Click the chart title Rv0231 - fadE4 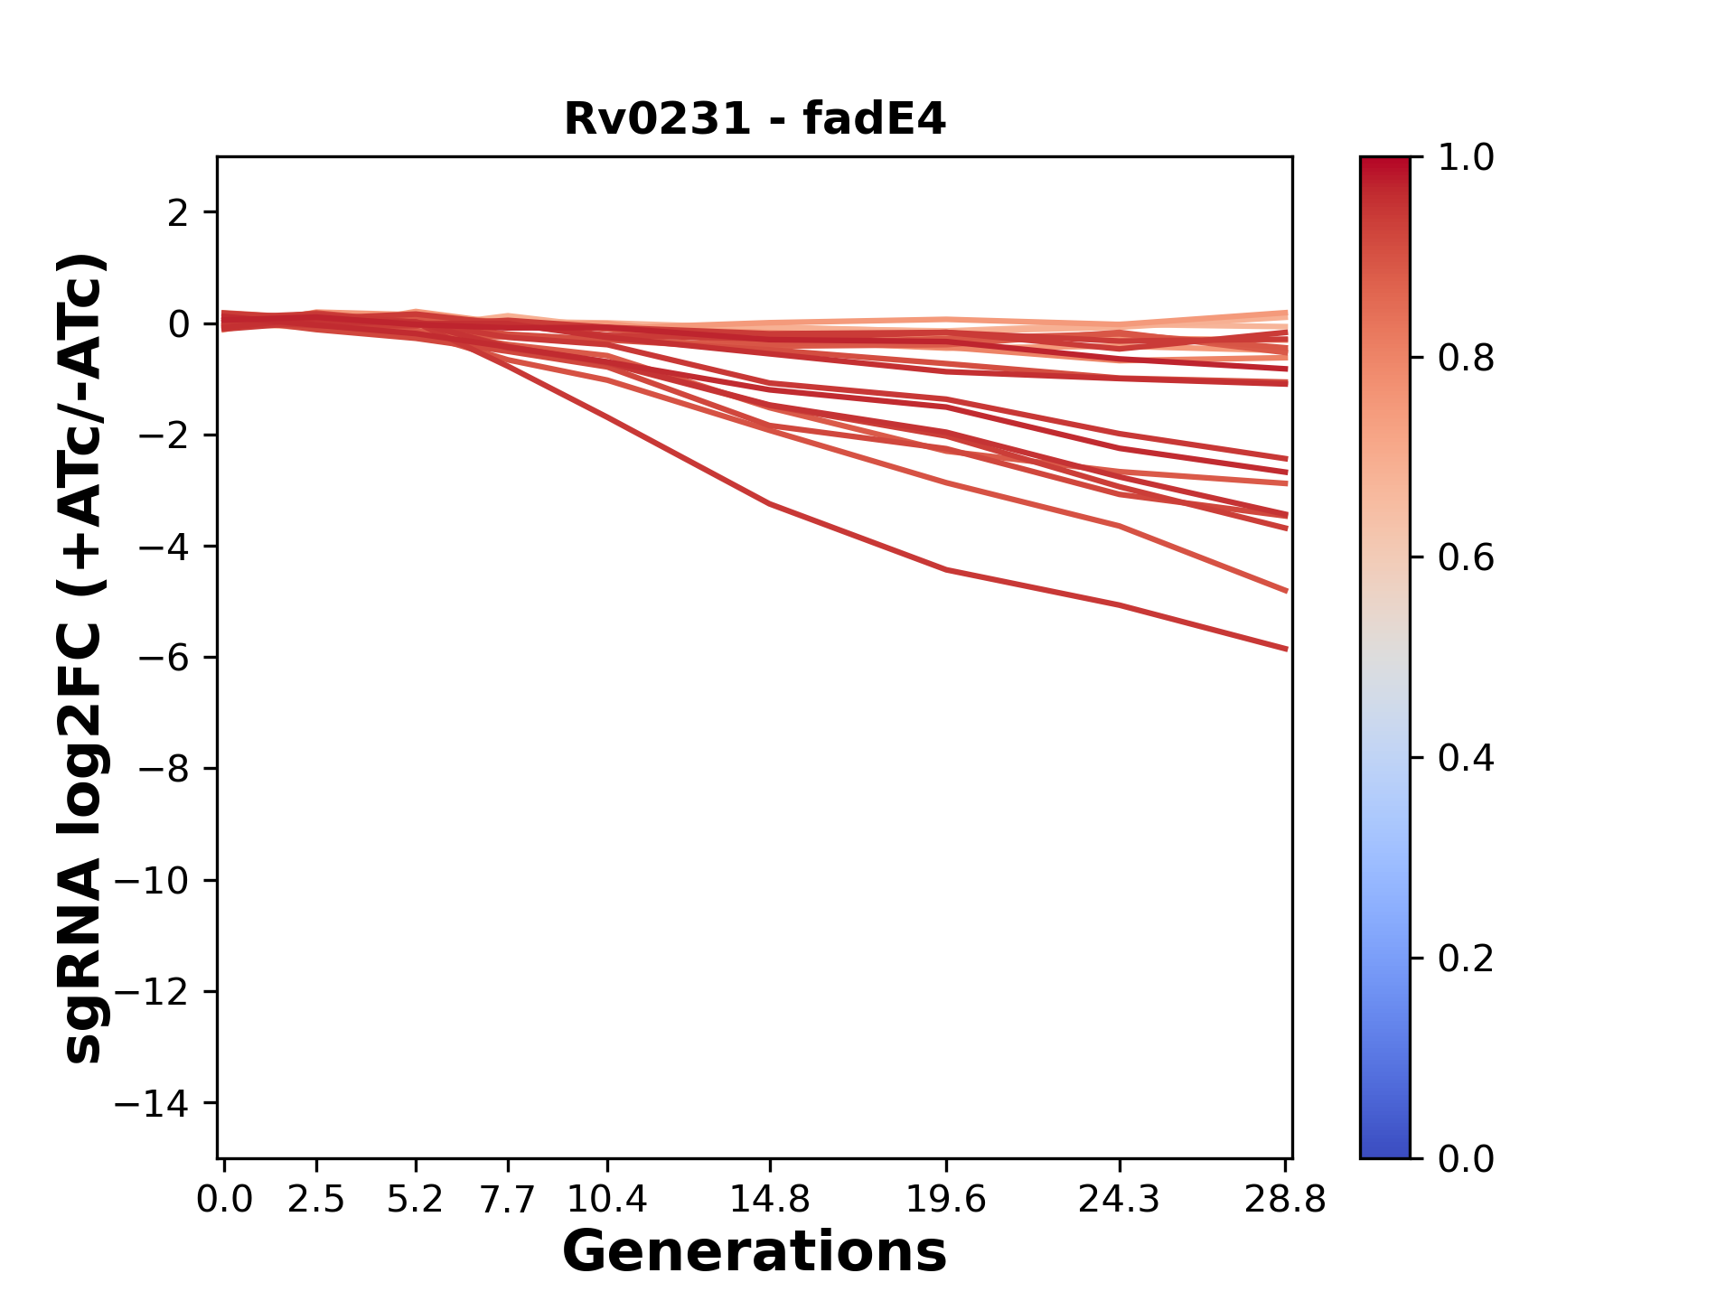[x=755, y=119]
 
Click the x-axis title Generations [x=755, y=1252]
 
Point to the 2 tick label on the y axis [x=178, y=213]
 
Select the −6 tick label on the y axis [x=164, y=658]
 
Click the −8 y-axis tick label [x=164, y=770]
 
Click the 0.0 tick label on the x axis [x=224, y=1200]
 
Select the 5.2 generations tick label [x=415, y=1200]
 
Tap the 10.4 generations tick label [x=607, y=1200]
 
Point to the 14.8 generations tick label [x=769, y=1200]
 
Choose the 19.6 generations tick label [x=946, y=1200]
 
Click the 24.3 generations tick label [x=1120, y=1200]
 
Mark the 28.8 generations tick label [x=1285, y=1200]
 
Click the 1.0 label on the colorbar [x=1466, y=158]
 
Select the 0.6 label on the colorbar [x=1466, y=558]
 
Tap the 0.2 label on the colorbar [x=1466, y=959]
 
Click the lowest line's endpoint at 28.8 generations [x=1286, y=649]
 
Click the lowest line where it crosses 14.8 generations [x=769, y=503]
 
